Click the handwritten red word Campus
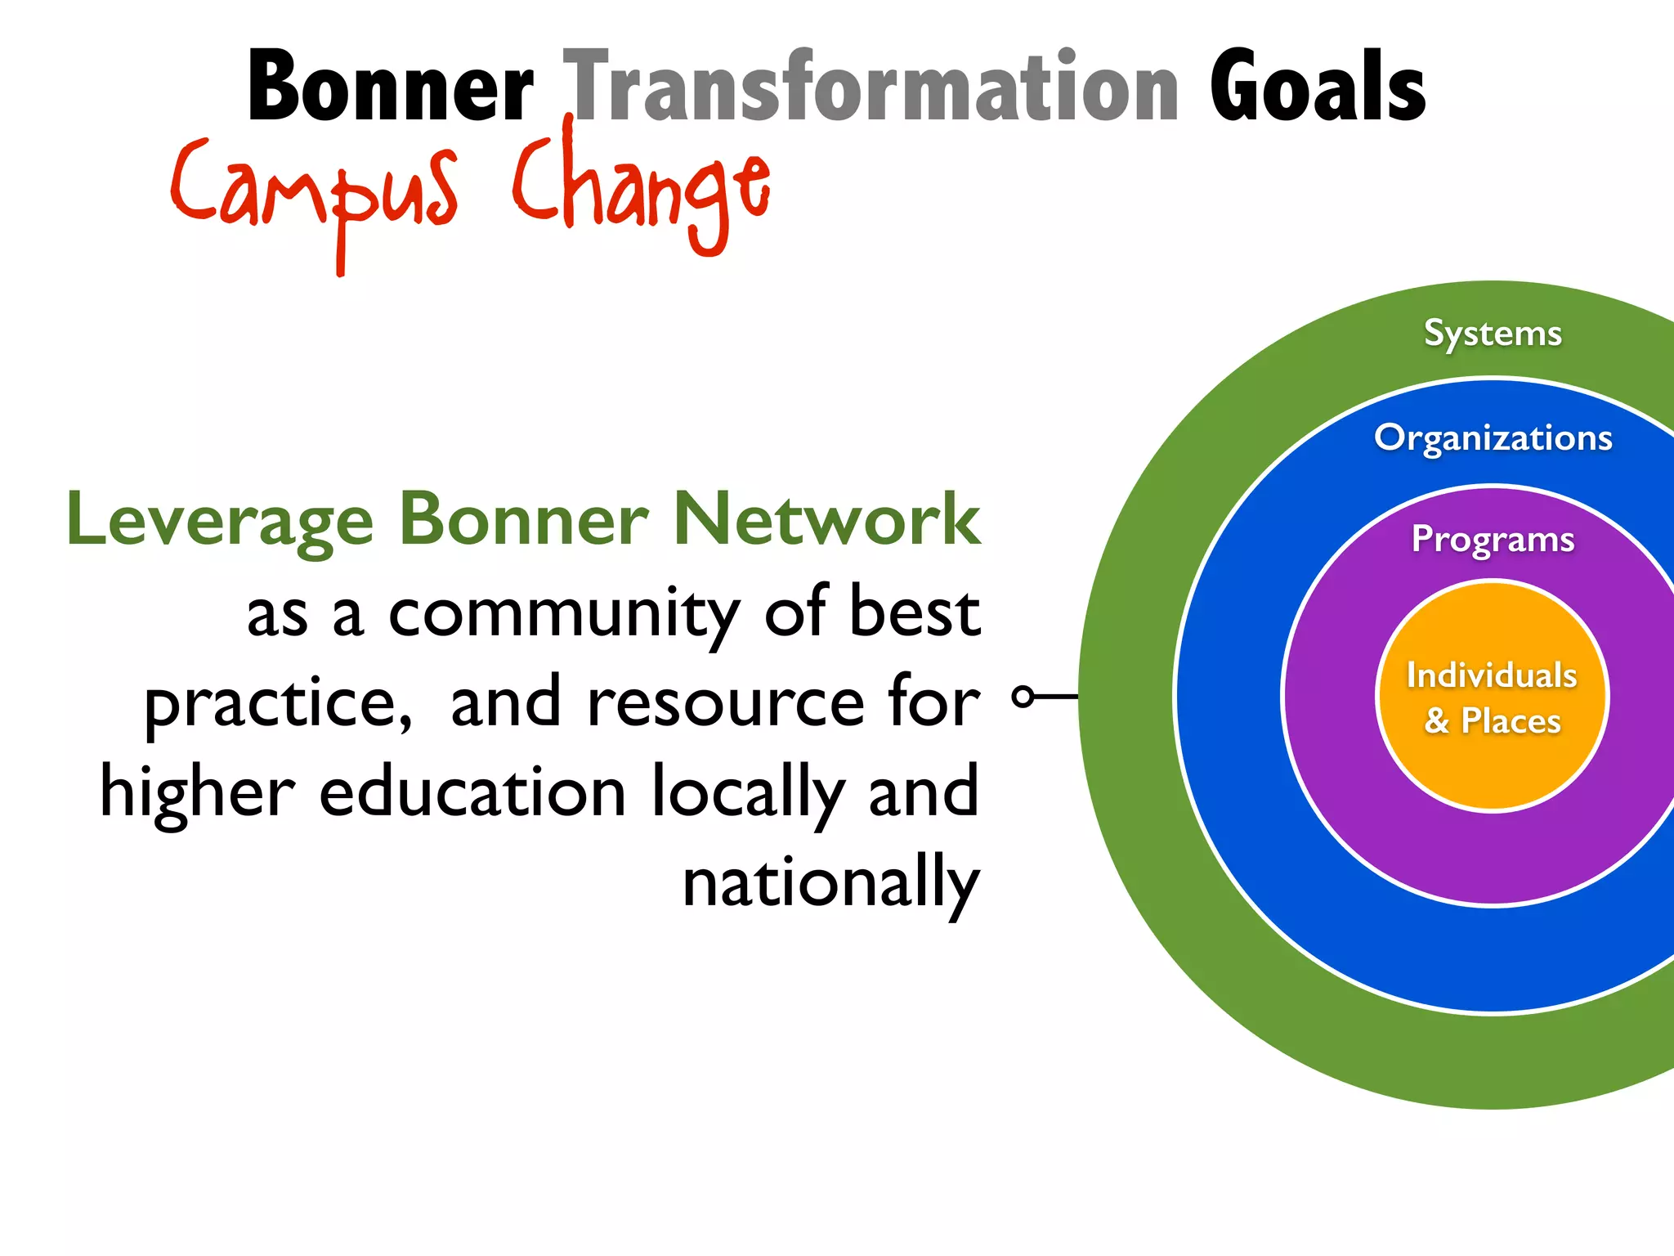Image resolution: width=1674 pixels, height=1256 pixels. (314, 192)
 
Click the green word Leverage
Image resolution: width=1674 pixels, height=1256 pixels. (221, 522)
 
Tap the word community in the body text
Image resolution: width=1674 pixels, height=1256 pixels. (564, 615)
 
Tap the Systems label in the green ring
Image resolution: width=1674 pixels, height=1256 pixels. (1493, 334)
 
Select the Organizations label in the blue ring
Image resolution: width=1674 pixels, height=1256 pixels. (1493, 438)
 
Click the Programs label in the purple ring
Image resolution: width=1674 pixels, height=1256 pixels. (1493, 540)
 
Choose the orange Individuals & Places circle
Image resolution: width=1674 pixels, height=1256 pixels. (1493, 697)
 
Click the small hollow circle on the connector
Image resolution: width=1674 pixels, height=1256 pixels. (1023, 697)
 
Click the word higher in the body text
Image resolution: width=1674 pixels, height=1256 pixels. (196, 793)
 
